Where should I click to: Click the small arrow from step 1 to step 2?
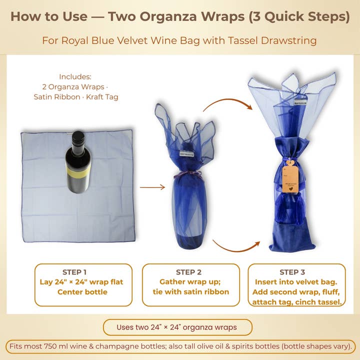[x=152, y=187]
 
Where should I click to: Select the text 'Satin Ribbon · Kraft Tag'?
[x=76, y=96]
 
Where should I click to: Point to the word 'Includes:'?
[x=75, y=76]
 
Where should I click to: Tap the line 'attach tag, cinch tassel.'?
[x=296, y=302]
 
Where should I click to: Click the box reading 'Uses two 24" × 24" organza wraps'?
[x=177, y=327]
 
